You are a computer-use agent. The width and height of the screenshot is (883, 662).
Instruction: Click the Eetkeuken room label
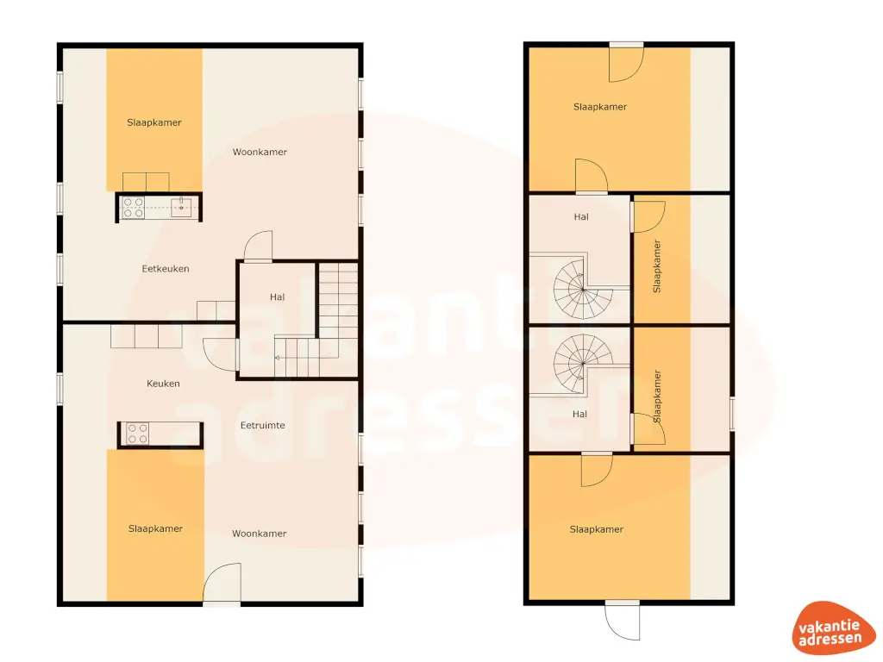166,269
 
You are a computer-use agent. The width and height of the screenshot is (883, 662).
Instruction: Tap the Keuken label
163,384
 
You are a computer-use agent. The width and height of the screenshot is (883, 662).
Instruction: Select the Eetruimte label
263,425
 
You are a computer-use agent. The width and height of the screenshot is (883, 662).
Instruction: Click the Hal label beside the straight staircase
277,297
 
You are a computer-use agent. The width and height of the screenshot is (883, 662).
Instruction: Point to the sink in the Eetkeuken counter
181,207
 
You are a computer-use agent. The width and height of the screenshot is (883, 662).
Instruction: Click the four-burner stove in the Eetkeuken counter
134,207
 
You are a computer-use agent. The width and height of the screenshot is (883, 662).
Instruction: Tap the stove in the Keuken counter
137,433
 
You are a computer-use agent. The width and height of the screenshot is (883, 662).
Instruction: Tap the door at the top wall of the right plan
625,62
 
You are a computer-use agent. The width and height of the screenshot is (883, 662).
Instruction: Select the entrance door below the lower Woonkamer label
222,584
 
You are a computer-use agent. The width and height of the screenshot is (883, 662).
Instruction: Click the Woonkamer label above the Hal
260,153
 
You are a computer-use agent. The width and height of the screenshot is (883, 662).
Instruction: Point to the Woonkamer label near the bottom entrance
259,534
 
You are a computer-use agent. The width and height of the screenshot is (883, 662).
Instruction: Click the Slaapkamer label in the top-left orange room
154,122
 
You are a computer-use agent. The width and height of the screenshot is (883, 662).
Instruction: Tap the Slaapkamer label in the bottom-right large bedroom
596,529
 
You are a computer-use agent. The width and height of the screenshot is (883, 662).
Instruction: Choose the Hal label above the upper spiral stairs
580,217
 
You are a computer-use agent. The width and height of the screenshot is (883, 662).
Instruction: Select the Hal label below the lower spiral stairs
579,415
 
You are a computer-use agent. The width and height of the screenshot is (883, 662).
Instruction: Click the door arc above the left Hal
258,247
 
